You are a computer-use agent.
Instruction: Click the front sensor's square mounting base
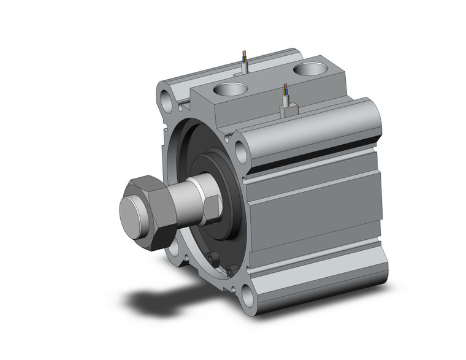pos(288,110)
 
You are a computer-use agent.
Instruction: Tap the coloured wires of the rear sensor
pos(245,59)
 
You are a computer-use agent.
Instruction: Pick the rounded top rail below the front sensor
pos(307,132)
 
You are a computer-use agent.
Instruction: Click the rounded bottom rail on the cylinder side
pos(319,279)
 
